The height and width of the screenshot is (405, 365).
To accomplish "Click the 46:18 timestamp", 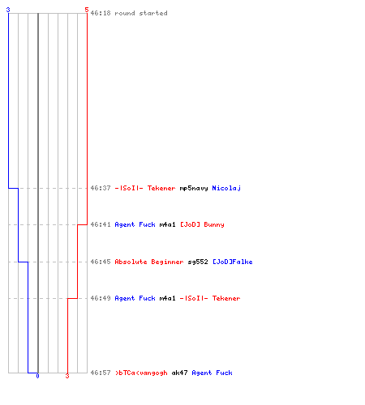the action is pos(101,13).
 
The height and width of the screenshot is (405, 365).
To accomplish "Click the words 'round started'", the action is pos(141,13).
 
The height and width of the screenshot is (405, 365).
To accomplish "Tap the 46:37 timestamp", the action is pos(101,188).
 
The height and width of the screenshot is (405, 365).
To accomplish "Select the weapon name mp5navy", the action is pos(194,188).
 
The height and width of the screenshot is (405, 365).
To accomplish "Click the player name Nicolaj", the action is pos(226,188).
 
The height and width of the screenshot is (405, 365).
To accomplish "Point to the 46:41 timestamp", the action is pos(101,224).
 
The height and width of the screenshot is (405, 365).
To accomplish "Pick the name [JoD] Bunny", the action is pos(202,224).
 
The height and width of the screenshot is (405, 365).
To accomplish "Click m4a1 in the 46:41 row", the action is pos(167,224).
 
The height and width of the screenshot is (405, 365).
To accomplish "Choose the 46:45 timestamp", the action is pos(101,262).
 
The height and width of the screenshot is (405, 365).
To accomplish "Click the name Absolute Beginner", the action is pos(149,262).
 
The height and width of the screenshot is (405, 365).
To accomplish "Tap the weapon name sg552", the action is pos(198,262).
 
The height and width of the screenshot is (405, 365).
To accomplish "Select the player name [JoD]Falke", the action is pos(233,262).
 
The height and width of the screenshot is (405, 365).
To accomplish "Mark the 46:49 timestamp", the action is pos(101,298).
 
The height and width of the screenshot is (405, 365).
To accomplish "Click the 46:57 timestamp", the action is pos(101,373).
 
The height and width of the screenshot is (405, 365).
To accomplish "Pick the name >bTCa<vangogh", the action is pos(141,373).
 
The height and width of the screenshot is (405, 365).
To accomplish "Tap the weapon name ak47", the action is pos(179,373).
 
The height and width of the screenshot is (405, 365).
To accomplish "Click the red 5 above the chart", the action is pos(86,10).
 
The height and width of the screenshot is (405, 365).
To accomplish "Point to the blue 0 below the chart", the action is pos(37,376).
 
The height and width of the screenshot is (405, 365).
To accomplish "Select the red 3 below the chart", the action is pos(67,376).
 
